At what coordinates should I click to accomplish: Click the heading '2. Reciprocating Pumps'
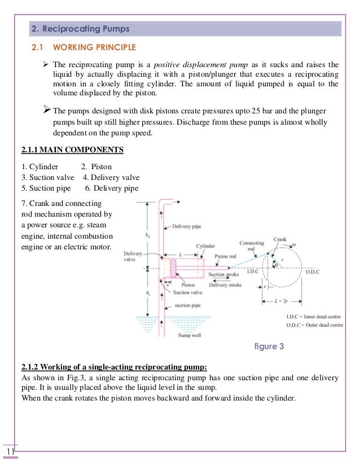pos(80,28)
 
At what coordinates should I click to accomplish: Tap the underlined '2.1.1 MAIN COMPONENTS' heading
pos(72,151)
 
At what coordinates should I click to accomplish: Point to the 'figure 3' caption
pos(270,346)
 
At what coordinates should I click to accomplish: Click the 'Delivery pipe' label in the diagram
pos(189,227)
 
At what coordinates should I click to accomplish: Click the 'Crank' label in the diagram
pos(280,240)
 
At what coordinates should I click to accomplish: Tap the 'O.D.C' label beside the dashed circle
pos(313,272)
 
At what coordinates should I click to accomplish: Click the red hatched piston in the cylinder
pos(173,267)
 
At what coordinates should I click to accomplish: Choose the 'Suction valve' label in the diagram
pos(187,293)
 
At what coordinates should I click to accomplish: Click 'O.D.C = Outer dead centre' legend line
pos(314,325)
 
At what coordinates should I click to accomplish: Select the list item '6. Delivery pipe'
pos(111,188)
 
